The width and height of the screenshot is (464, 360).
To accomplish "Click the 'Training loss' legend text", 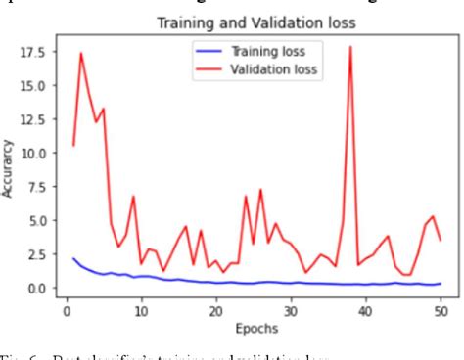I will [267, 51].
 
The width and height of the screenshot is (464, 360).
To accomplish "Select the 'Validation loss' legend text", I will [272, 68].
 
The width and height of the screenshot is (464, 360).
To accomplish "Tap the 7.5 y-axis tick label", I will [37, 187].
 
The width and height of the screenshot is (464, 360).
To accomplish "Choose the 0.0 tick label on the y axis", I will [37, 288].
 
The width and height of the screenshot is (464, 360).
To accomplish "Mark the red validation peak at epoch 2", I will [80, 54].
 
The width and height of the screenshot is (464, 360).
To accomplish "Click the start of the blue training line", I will [73, 259].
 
